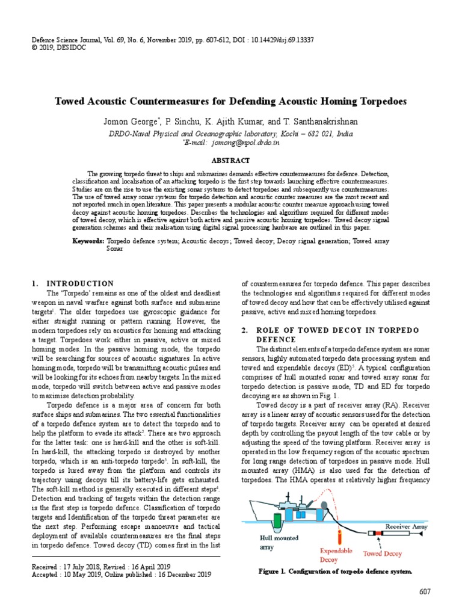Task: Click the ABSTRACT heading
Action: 230,161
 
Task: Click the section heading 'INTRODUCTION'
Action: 80,283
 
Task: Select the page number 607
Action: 425,593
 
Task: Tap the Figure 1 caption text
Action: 335,571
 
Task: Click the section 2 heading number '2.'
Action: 245,330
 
